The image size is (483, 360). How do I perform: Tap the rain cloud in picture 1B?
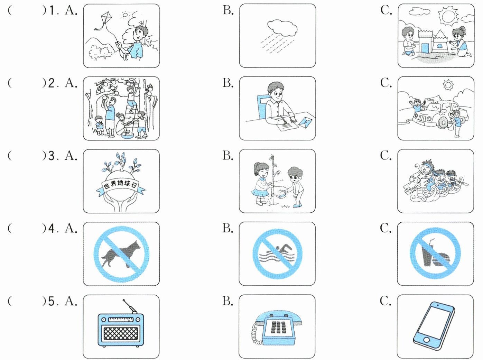pos(282,28)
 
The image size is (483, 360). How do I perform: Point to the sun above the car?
pos(448,85)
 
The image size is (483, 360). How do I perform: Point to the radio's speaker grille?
pos(121,333)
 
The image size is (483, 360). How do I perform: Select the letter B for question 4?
pos(228,228)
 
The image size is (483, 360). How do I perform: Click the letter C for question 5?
pos(386,301)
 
